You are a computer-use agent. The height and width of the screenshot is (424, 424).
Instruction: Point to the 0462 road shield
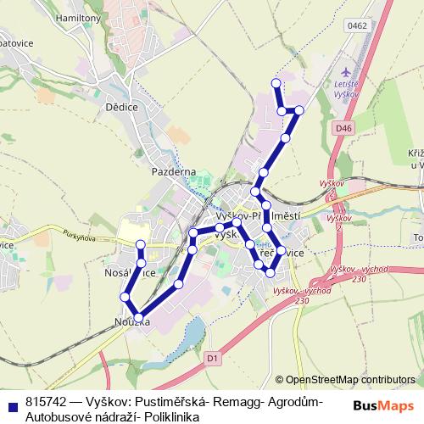(356, 26)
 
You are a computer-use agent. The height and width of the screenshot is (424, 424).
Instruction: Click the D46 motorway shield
(343, 128)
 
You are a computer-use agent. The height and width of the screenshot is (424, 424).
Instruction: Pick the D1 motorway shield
(213, 359)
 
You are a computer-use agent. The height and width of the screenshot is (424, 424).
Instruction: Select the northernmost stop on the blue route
(275, 83)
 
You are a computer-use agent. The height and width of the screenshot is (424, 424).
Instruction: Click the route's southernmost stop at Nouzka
(139, 317)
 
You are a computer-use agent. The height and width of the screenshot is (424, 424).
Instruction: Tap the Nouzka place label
(132, 323)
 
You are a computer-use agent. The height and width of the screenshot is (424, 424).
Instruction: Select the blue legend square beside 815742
(11, 403)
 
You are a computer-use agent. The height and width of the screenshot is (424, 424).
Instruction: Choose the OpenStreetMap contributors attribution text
(354, 381)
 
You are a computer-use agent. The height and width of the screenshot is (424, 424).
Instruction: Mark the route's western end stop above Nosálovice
(142, 245)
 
